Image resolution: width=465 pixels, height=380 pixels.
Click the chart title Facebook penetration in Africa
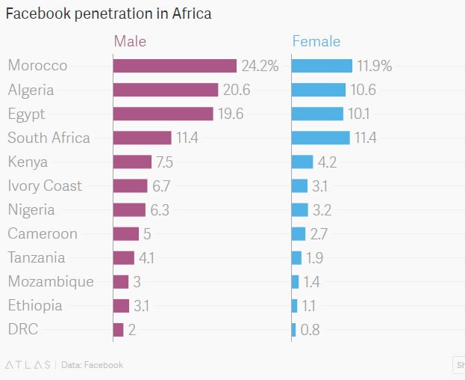108,14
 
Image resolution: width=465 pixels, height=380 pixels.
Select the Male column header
130,41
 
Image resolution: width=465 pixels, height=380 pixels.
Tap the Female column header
316,41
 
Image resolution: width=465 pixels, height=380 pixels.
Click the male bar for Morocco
175,66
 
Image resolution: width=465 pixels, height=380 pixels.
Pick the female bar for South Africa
320,138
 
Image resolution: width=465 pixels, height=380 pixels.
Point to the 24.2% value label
260,66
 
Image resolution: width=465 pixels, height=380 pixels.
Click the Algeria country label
31,90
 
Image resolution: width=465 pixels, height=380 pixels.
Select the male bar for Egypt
163,114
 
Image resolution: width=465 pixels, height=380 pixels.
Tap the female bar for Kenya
302,162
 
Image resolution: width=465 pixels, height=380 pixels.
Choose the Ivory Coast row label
45,186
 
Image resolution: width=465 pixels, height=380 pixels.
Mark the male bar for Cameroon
126,233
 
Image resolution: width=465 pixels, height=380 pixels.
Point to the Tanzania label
37,257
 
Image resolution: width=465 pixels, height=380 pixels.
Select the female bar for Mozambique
296,281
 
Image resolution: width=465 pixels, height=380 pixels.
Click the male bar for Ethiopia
122,305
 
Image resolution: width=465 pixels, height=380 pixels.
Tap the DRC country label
23,329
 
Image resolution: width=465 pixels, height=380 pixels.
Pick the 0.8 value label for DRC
310,330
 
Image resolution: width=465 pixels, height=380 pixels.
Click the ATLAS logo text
28,365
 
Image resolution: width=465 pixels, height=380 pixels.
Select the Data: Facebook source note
92,365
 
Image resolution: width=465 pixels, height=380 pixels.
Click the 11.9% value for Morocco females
374,66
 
